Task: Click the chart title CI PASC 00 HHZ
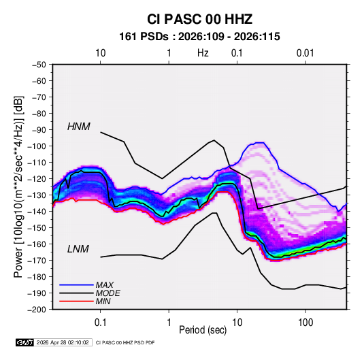[199, 19]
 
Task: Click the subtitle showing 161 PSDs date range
[199, 37]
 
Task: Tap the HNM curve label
[79, 127]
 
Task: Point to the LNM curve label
[78, 249]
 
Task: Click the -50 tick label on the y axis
[39, 65]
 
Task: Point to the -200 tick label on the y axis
[37, 310]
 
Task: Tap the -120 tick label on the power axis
[37, 179]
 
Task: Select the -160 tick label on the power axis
[37, 244]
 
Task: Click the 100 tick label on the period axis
[305, 323]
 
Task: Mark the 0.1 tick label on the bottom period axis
[100, 323]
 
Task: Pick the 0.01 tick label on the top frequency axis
[305, 53]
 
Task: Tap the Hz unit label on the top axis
[203, 53]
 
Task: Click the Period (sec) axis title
[203, 330]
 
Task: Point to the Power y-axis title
[18, 187]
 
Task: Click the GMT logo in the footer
[25, 342]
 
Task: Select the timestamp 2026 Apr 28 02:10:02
[63, 342]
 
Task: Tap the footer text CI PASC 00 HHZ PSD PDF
[125, 342]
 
